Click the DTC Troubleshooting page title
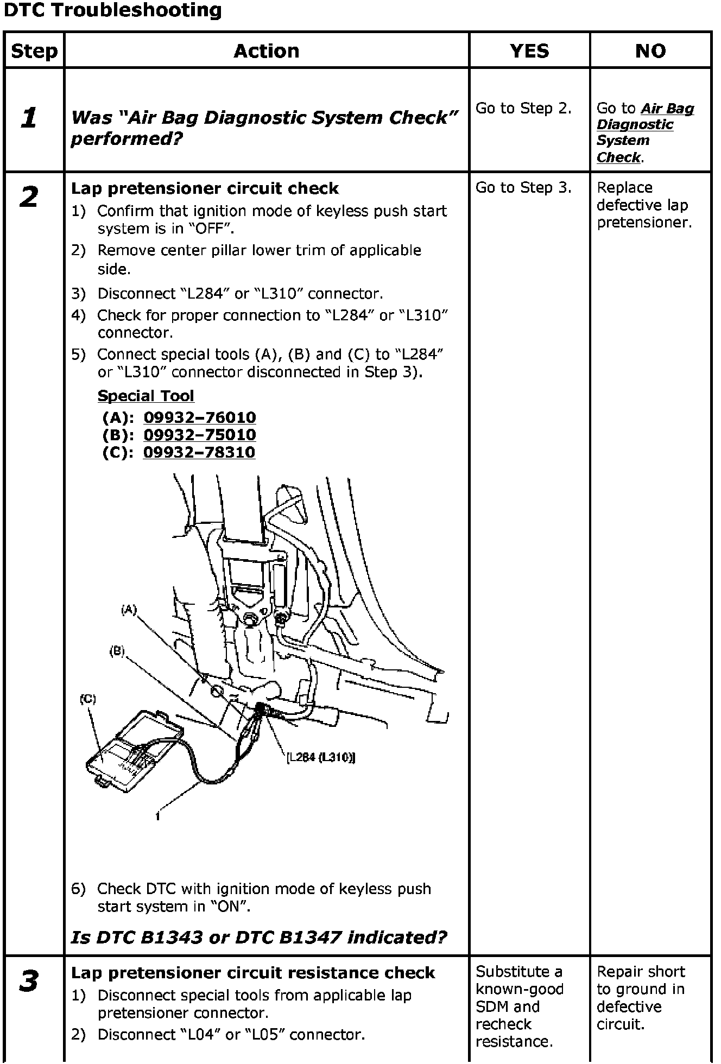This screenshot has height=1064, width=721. click(113, 10)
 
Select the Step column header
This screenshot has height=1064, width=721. click(34, 51)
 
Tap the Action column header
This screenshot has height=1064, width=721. click(266, 51)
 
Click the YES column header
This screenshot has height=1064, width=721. click(529, 51)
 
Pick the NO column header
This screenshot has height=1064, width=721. click(650, 51)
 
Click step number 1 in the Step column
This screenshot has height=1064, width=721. click(29, 118)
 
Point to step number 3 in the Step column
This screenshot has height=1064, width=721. click(29, 981)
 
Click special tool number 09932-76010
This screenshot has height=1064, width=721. click(199, 417)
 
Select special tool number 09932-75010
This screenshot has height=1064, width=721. click(199, 435)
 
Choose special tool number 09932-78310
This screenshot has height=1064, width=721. click(199, 452)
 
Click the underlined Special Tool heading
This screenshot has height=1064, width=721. click(146, 396)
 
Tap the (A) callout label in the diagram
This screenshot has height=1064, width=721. click(128, 610)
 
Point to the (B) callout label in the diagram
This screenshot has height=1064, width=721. click(117, 651)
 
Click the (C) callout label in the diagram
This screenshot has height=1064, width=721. click(87, 699)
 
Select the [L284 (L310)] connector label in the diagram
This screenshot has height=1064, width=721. click(320, 757)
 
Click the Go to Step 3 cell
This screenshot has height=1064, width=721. click(523, 188)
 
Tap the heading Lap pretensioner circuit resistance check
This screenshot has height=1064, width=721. click(253, 972)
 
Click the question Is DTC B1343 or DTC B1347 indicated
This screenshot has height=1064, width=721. click(259, 937)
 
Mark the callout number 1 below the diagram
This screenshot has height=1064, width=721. click(157, 815)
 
